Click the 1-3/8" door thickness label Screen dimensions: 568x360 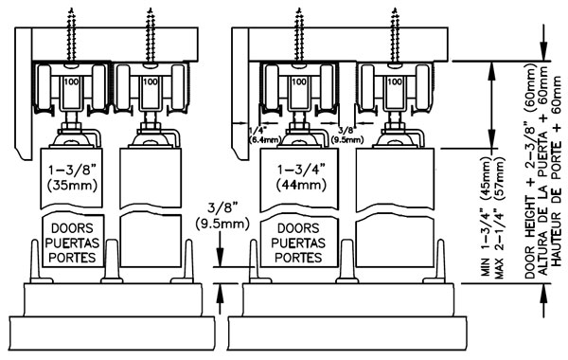72,170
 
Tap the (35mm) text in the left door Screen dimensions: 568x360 72,186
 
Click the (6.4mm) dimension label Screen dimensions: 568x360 264,139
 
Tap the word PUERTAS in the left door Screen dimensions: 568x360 72,243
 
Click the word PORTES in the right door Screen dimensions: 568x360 298,258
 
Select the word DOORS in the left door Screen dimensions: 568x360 72,228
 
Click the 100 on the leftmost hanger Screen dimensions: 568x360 71,81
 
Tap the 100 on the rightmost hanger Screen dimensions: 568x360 395,81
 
